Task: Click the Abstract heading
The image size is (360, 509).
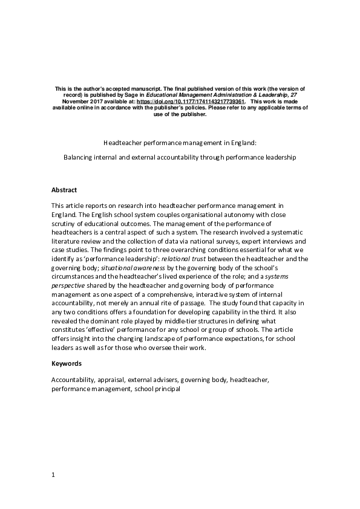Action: (64, 189)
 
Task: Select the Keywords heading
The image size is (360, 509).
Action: (67, 364)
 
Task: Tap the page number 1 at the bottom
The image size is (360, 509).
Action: (53, 475)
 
